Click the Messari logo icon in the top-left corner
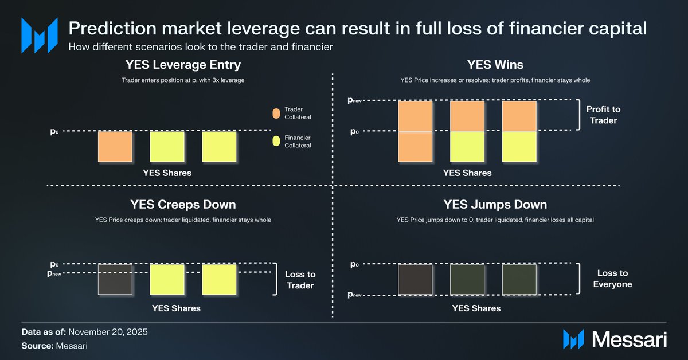[x=39, y=35]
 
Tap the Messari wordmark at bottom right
[x=630, y=339]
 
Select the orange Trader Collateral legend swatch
[x=276, y=113]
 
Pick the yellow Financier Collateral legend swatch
[x=276, y=141]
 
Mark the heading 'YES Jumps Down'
[x=495, y=205]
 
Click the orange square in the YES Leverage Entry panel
[x=115, y=147]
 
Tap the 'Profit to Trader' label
[x=603, y=115]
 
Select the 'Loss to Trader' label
[x=300, y=280]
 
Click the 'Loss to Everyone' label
[x=612, y=279]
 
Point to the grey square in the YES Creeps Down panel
[x=115, y=279]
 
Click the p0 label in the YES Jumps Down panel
[x=354, y=265]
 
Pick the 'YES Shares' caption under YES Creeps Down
[x=176, y=308]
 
